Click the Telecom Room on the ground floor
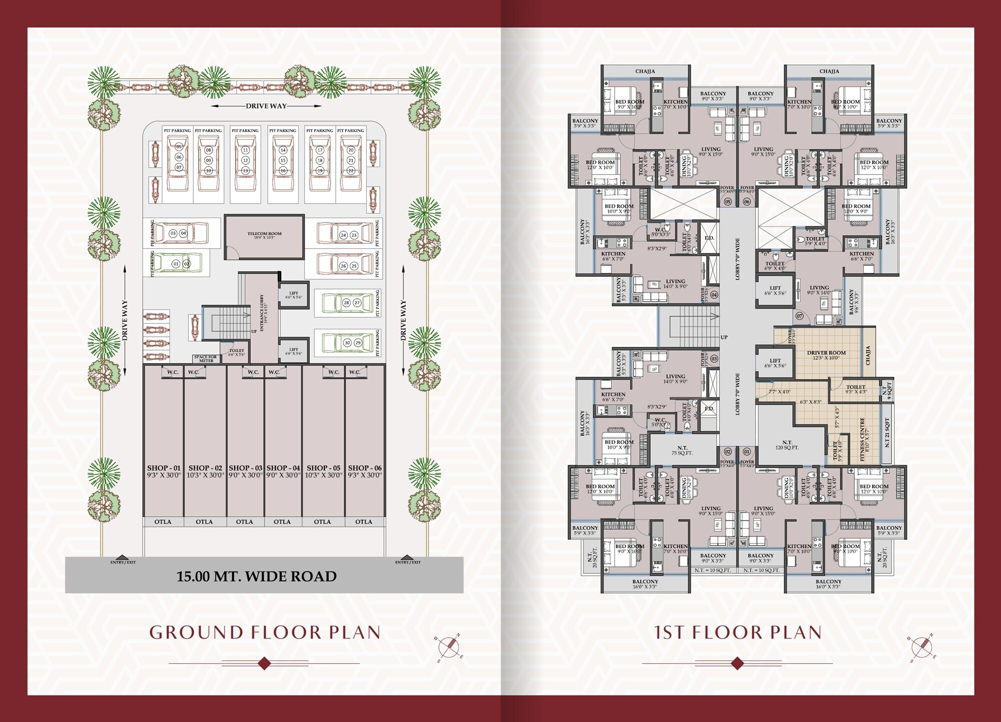264,235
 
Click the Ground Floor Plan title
265,632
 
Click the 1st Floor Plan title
738,632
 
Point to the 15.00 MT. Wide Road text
256,576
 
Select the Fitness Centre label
862,439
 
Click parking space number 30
347,343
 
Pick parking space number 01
176,264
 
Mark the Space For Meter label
206,359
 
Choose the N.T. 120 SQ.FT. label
787,445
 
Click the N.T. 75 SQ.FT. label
682,450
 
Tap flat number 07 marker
799,316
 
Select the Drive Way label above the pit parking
266,106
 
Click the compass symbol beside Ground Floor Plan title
449,647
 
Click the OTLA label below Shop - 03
244,522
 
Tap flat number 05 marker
728,202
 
